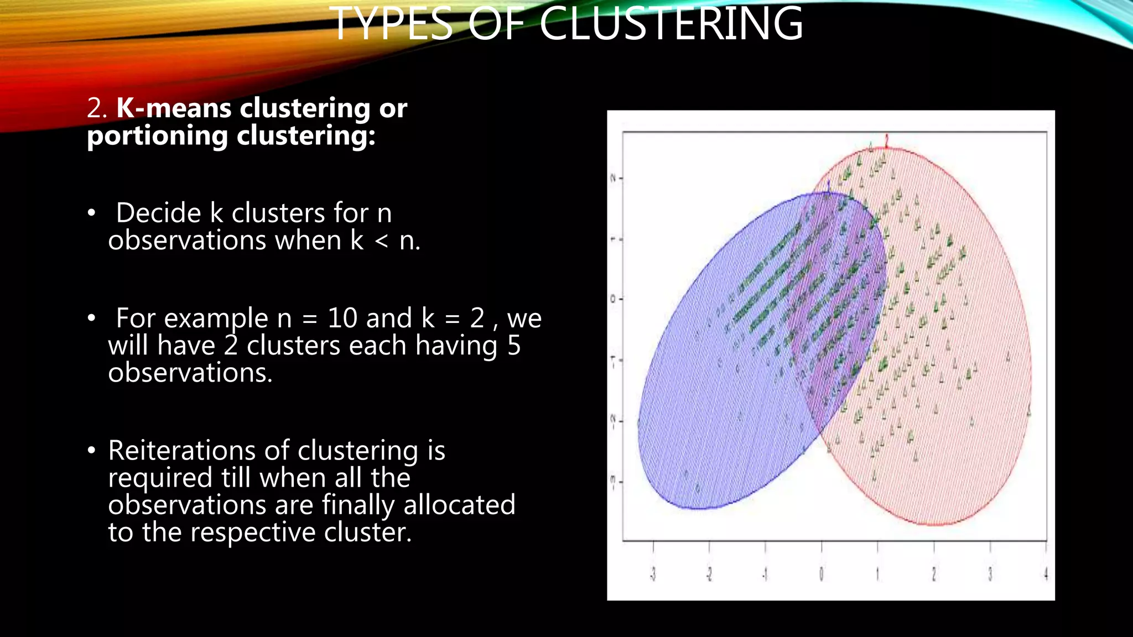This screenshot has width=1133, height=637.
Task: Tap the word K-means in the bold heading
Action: tap(175, 108)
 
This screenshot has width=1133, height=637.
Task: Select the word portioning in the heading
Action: tap(157, 136)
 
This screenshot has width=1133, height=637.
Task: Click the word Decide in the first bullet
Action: tap(159, 213)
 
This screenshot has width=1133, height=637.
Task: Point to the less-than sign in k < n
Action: tap(381, 241)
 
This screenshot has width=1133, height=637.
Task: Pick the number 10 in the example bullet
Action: tap(342, 318)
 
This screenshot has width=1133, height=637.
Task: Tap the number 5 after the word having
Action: tap(514, 346)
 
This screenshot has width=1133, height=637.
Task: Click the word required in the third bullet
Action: tap(160, 478)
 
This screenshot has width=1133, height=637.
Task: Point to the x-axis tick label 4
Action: tap(1046, 575)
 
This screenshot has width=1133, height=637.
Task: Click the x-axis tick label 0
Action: tap(822, 575)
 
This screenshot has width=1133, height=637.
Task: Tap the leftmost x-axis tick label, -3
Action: tap(653, 575)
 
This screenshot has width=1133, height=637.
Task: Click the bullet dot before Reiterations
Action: tap(92, 451)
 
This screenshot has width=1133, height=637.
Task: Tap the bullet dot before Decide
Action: tap(92, 213)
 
